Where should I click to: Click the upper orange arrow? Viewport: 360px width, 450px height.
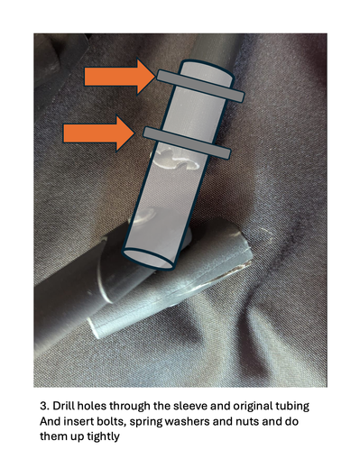(x=120, y=77)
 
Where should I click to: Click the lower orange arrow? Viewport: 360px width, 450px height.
(x=98, y=133)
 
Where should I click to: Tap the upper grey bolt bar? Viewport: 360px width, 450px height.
(x=200, y=86)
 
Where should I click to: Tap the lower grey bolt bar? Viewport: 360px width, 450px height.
(x=187, y=142)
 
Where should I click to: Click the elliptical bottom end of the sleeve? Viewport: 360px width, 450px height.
(x=149, y=258)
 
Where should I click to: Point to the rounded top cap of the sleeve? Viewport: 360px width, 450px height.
(x=208, y=69)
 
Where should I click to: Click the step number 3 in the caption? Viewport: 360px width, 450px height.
(x=44, y=406)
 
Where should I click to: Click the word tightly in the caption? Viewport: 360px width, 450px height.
(x=103, y=436)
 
